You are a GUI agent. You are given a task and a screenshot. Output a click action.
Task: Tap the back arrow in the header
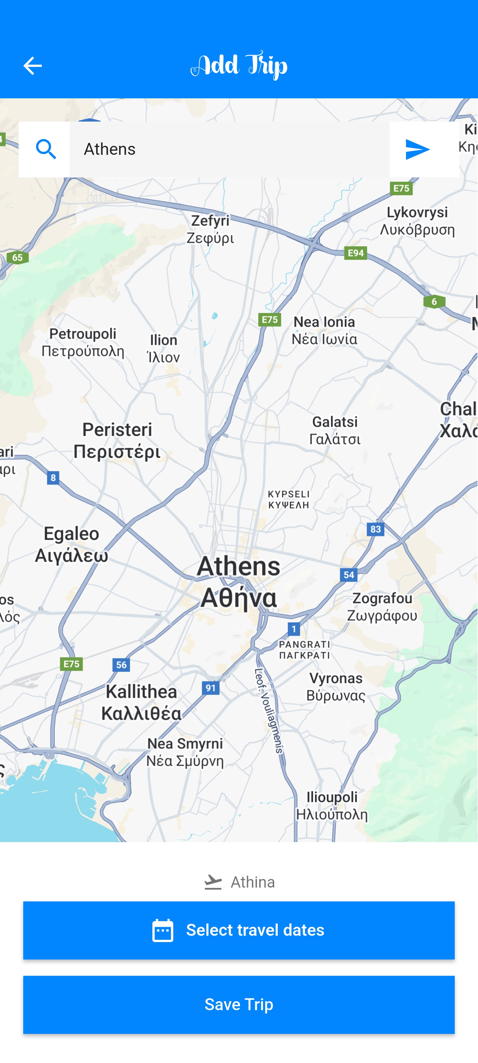[x=32, y=66]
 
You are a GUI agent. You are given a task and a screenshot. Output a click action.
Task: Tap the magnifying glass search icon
[x=45, y=149]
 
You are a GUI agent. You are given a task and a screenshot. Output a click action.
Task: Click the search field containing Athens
[x=229, y=149]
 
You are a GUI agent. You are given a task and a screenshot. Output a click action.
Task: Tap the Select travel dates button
[x=239, y=930]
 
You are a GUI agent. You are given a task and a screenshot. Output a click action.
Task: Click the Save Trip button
[x=239, y=1005]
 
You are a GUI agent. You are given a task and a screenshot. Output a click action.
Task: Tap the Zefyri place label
[x=210, y=229]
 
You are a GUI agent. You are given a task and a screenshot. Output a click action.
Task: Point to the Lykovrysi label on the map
[x=417, y=221]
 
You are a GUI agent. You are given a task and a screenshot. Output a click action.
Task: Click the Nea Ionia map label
[x=324, y=330]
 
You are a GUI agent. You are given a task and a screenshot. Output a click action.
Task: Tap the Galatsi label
[x=335, y=430]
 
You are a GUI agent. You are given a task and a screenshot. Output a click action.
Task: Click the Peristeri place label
[x=117, y=440]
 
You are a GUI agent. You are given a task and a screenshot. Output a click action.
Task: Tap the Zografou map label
[x=382, y=607]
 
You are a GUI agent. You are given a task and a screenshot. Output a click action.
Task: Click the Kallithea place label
[x=141, y=702]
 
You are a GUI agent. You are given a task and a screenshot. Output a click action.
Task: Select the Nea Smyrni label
[x=185, y=752]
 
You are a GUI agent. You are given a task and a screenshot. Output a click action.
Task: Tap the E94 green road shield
[x=356, y=252]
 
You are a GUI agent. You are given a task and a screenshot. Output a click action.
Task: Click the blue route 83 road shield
[x=375, y=529]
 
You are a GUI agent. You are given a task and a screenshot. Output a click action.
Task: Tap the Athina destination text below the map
[x=252, y=882]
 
